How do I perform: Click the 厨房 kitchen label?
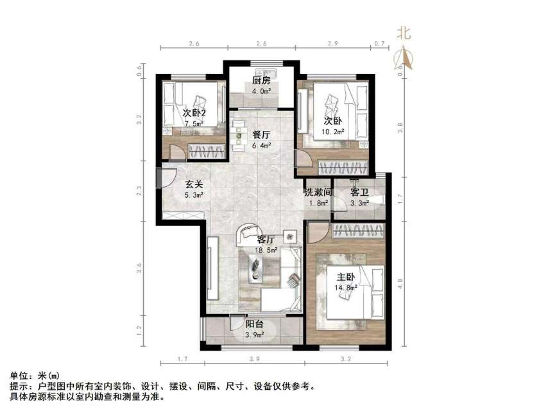click(x=261, y=81)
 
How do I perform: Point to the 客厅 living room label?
click(x=266, y=239)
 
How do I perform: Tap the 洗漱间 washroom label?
click(x=317, y=192)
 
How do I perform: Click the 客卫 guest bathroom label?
click(x=359, y=192)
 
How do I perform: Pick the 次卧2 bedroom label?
click(x=194, y=113)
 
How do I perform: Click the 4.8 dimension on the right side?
click(x=401, y=283)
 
